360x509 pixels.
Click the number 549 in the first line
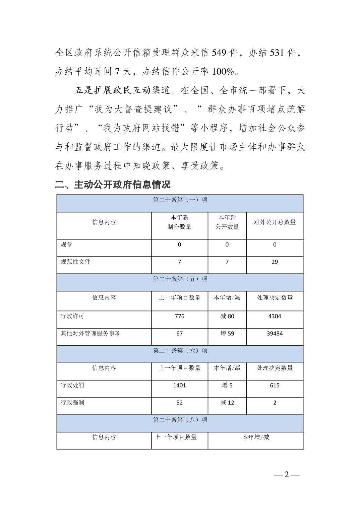(x=219, y=53)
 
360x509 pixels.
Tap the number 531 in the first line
(x=277, y=53)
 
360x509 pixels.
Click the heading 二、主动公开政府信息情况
(x=113, y=184)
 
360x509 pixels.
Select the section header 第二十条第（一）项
(x=180, y=200)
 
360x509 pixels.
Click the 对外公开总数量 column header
(x=275, y=222)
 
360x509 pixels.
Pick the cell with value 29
(x=275, y=262)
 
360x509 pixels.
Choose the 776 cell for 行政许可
(x=179, y=316)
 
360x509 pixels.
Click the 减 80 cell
(x=227, y=316)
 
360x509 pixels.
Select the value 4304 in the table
(x=275, y=316)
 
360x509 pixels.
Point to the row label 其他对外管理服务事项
(x=91, y=334)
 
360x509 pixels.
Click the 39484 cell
(x=275, y=334)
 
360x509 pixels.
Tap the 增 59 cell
(x=227, y=334)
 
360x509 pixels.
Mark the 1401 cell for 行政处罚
(x=179, y=385)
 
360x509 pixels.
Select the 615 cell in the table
(x=275, y=385)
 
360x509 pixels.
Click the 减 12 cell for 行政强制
(x=227, y=403)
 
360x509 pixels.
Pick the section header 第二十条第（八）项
(x=180, y=420)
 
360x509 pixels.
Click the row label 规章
(x=66, y=245)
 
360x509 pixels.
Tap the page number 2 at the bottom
(x=286, y=475)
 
